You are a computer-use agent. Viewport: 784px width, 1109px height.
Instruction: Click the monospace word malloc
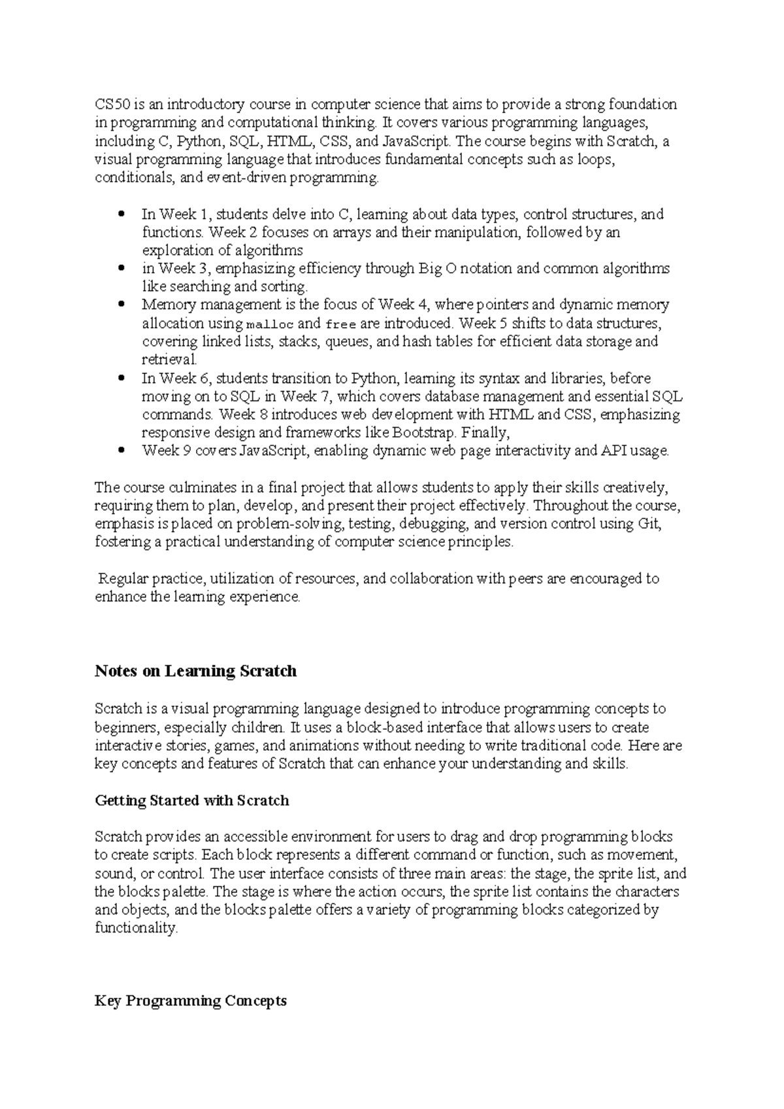pyautogui.click(x=270, y=324)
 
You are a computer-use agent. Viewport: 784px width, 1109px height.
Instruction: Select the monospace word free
pyautogui.click(x=340, y=324)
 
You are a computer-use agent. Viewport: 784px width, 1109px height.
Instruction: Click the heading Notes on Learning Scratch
pyautogui.click(x=195, y=671)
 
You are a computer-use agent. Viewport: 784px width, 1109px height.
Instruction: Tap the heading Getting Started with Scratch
pyautogui.click(x=191, y=800)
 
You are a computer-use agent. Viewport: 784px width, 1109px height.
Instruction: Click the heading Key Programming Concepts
pyautogui.click(x=190, y=1001)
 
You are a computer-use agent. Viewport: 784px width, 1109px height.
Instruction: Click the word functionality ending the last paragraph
pyautogui.click(x=135, y=929)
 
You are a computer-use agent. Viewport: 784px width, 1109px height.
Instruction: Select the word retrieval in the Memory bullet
pyautogui.click(x=169, y=360)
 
